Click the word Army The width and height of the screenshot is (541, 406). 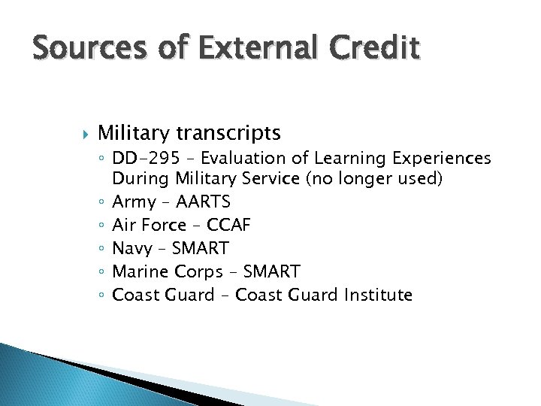[134, 202]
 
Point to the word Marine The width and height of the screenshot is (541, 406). [138, 271]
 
